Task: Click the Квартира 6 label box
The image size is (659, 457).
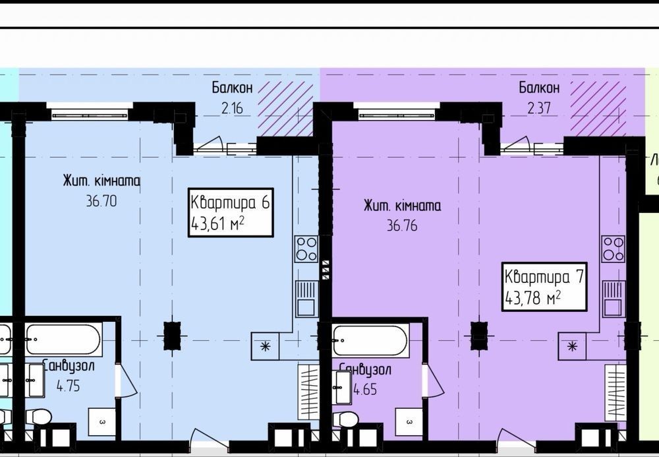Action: [x=231, y=212]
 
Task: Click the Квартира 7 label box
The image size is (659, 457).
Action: [x=544, y=287]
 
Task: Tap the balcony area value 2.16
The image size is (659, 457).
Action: [x=232, y=108]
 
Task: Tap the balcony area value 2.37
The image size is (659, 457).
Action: [x=539, y=108]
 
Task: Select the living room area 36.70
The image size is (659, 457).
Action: [x=101, y=201]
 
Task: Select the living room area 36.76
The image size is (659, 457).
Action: [x=402, y=226]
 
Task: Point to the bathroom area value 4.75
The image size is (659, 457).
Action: [x=68, y=386]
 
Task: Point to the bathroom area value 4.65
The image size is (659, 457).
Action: [x=365, y=389]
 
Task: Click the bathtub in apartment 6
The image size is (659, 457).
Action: [x=63, y=340]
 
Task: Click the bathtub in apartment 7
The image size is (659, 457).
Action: [x=370, y=340]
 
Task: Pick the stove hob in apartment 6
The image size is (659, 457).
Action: [x=306, y=249]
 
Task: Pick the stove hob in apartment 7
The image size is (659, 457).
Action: [x=613, y=249]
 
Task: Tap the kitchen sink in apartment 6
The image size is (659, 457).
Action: [x=306, y=299]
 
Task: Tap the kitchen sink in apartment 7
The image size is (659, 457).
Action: [x=614, y=299]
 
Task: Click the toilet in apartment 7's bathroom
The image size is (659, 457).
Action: [x=346, y=419]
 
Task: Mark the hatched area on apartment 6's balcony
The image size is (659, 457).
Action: [x=285, y=109]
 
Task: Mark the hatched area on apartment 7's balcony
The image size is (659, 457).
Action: [x=598, y=109]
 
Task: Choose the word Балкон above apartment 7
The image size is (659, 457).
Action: [x=539, y=88]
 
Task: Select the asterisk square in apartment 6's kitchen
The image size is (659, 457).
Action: [x=265, y=346]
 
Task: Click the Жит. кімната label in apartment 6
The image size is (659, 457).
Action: [x=101, y=181]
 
